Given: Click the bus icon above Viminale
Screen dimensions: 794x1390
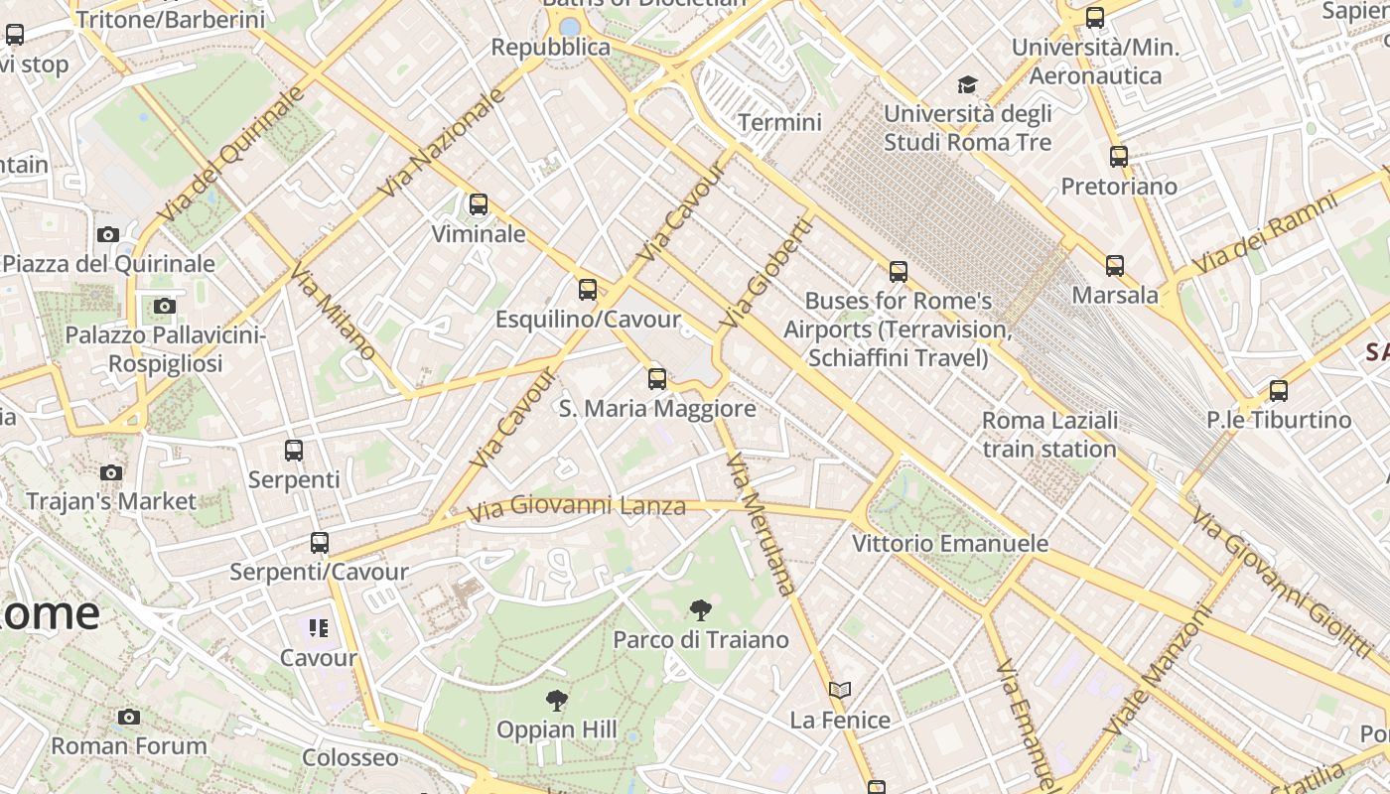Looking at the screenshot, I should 479,205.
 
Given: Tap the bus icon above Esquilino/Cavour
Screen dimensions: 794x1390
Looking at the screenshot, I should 588,290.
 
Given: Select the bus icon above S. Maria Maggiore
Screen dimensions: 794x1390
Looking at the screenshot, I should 656,378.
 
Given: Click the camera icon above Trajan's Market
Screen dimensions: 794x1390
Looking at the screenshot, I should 111,472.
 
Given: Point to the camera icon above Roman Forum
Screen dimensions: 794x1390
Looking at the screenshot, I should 129,717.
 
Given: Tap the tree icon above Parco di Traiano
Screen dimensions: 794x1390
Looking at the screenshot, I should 700,610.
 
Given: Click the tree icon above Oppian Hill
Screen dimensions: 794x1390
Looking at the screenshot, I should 557,701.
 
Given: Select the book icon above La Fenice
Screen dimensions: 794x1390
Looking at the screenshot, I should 840,690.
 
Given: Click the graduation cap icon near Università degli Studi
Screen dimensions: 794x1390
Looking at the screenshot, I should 967,85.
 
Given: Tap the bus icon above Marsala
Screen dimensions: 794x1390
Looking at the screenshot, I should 1115,266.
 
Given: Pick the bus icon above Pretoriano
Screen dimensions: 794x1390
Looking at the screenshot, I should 1119,157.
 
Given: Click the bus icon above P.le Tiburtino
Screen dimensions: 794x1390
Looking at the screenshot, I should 1279,391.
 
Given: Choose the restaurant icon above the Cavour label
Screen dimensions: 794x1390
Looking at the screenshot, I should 318,627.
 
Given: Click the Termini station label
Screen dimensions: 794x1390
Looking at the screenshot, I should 779,122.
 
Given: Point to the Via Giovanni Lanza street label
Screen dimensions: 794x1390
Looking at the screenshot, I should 576,508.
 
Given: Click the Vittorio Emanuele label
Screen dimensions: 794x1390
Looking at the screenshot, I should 950,544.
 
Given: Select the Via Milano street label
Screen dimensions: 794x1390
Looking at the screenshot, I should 333,311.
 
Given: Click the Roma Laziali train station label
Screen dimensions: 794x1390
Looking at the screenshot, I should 1049,435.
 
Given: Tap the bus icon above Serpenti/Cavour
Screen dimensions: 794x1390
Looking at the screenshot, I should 319,543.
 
